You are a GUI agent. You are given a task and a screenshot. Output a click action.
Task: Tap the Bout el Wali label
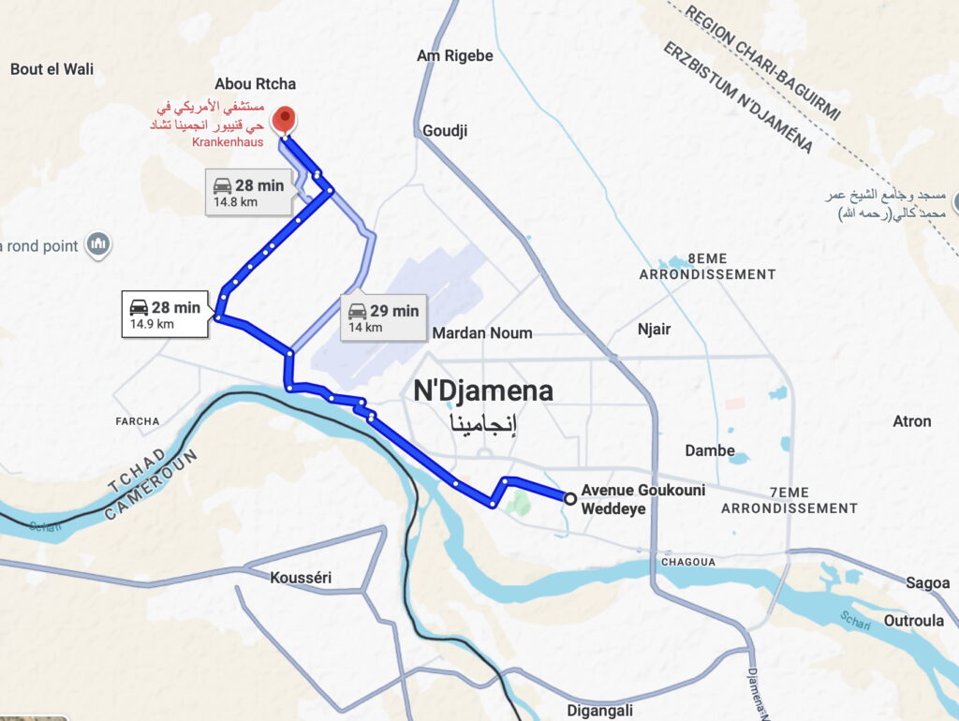[52, 68]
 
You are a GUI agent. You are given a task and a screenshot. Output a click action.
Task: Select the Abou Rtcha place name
[255, 84]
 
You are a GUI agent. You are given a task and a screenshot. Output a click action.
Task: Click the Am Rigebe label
[455, 56]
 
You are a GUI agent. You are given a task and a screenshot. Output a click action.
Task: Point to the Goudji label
[445, 130]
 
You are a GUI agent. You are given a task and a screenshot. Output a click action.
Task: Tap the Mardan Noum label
[482, 332]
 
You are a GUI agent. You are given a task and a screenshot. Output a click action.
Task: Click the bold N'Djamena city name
[483, 390]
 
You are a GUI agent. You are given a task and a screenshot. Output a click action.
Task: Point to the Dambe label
[710, 450]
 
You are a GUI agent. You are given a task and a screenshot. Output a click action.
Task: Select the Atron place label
[911, 421]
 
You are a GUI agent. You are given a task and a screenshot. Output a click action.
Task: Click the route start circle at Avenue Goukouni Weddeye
[569, 498]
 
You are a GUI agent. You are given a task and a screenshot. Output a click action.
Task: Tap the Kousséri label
[301, 578]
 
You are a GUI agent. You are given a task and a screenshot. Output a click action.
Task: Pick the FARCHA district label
[138, 421]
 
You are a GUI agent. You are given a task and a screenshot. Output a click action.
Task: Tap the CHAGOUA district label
[688, 562]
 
